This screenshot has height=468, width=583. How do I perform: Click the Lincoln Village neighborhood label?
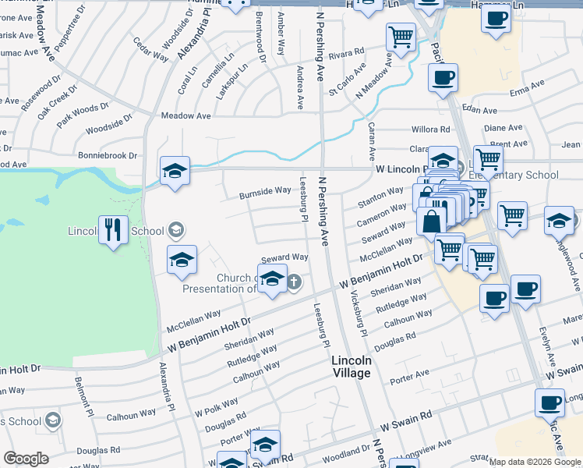(x=351, y=367)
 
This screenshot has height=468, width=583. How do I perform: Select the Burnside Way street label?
(x=265, y=191)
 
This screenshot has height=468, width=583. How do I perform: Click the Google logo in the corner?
(x=26, y=459)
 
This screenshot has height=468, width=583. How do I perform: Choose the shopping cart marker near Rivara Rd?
(x=401, y=36)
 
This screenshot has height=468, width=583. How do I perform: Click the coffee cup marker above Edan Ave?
(x=443, y=78)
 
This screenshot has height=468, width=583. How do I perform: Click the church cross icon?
(x=294, y=282)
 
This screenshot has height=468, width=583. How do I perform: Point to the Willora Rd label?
(x=431, y=129)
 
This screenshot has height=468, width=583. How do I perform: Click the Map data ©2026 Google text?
(x=535, y=462)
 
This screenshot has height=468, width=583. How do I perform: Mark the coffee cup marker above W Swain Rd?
(x=549, y=403)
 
